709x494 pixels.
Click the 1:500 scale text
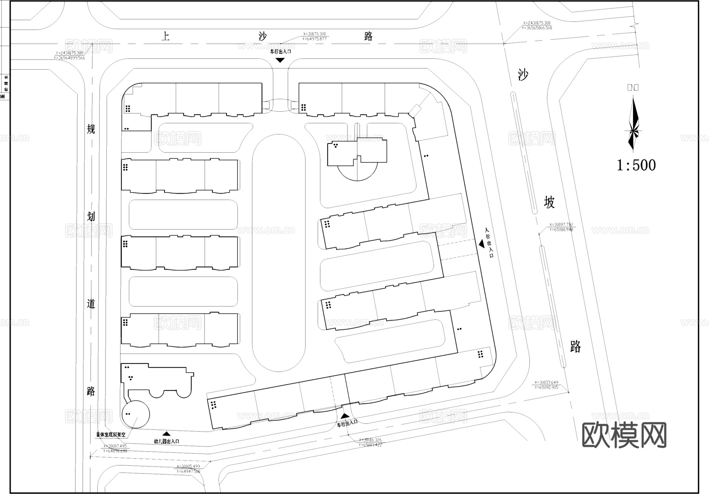click(636, 165)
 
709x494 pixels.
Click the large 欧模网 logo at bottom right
click(624, 435)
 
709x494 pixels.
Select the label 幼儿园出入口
click(166, 441)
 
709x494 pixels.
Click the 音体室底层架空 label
click(111, 435)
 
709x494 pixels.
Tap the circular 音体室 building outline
click(135, 414)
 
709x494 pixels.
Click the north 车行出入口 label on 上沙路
click(280, 51)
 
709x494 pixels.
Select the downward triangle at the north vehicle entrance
click(280, 60)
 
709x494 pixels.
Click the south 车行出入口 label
click(347, 422)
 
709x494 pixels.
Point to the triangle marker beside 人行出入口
click(481, 244)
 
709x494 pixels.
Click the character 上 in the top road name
click(166, 37)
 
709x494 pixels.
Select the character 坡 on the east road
click(549, 202)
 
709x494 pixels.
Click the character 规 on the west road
click(91, 129)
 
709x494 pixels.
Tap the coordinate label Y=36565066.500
click(537, 28)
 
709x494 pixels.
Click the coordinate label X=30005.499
click(188, 466)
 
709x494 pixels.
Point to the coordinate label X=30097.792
click(561, 225)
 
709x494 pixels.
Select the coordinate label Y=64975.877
click(315, 39)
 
